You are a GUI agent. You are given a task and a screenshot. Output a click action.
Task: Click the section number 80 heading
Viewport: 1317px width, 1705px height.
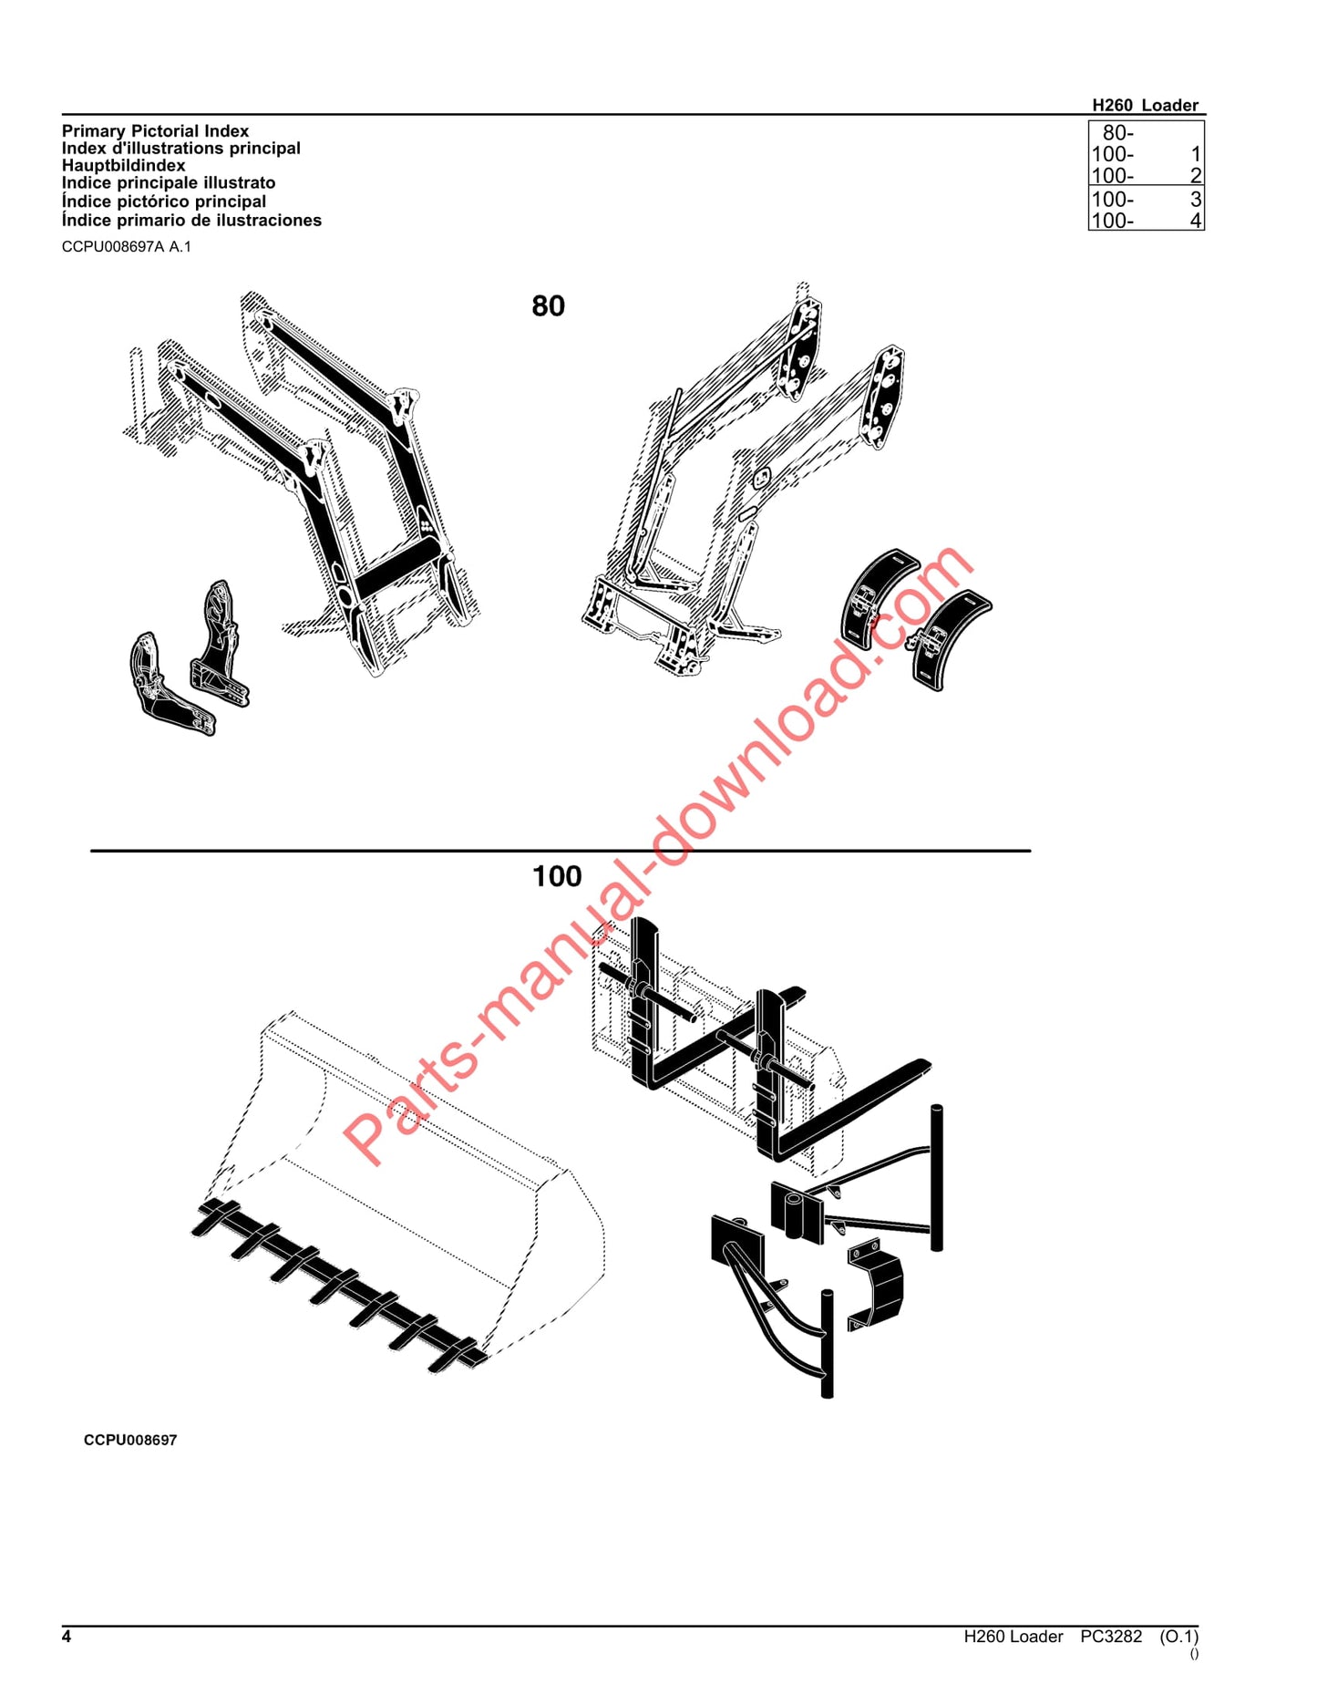[548, 305]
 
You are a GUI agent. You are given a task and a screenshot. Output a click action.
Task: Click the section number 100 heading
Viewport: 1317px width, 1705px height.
[556, 876]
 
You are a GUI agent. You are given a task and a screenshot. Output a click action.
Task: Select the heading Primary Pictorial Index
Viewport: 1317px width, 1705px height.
[155, 131]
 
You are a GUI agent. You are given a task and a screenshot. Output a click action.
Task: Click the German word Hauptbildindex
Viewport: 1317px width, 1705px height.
[123, 166]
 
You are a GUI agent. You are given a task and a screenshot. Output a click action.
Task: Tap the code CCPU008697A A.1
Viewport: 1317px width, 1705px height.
[126, 247]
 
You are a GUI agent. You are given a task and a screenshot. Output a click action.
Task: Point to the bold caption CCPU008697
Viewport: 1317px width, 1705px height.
[130, 1440]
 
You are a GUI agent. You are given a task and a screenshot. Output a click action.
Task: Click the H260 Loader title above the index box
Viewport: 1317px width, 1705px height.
[1145, 106]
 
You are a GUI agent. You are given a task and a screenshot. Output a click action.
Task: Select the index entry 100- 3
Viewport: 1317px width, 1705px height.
[1146, 200]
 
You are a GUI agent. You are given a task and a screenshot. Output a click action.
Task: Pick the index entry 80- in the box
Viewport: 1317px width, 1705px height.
[1118, 133]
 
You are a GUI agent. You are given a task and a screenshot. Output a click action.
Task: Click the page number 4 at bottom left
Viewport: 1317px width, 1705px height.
[67, 1637]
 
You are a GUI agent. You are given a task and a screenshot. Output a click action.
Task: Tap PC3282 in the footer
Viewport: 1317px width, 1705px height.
[1110, 1637]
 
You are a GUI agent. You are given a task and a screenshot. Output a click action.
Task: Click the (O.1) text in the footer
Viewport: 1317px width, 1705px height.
[1178, 1637]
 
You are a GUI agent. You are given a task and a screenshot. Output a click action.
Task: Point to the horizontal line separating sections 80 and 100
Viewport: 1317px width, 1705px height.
[560, 851]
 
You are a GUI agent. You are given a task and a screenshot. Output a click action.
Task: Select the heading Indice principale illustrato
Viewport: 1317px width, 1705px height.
[169, 183]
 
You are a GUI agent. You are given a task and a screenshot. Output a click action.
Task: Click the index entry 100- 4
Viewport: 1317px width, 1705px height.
[1146, 221]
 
